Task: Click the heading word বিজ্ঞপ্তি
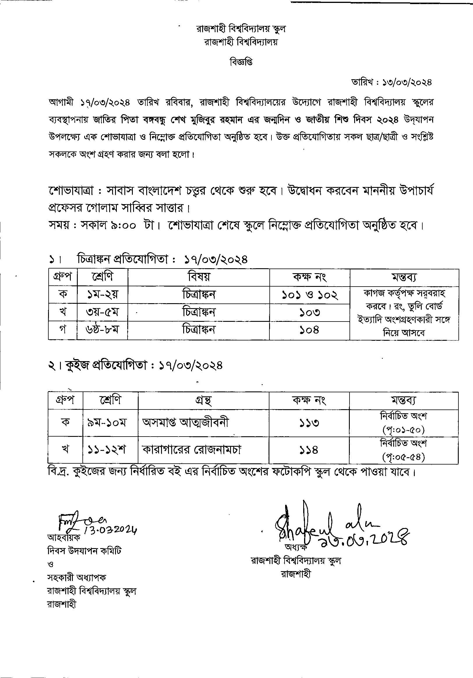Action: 241,62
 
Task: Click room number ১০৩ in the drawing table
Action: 309,312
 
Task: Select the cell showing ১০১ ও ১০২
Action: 309,295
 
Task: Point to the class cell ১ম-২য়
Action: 102,295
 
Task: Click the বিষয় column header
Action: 198,277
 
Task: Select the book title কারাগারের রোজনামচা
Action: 192,450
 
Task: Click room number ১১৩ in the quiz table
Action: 309,423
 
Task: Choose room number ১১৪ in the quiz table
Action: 309,450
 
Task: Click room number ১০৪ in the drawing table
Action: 309,330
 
